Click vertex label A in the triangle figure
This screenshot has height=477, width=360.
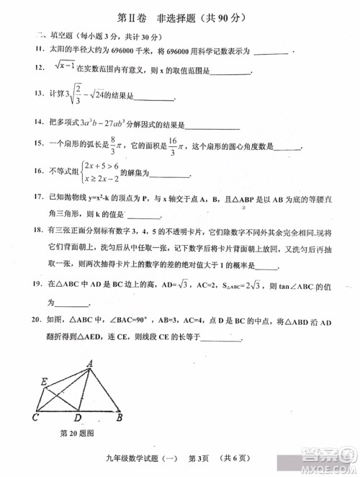[x=91, y=363]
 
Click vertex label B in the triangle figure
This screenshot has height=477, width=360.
[x=120, y=416]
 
